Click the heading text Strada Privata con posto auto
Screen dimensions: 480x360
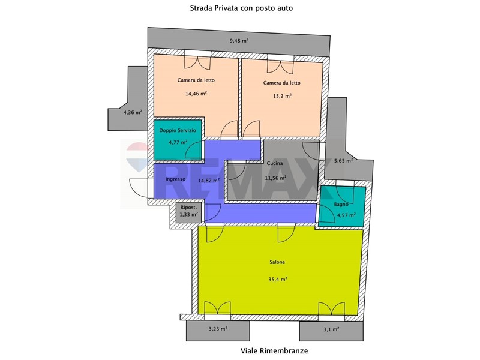(241, 8)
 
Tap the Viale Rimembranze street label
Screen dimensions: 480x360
(274, 350)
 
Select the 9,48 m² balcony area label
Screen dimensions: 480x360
(239, 40)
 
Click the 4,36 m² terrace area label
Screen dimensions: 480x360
(133, 112)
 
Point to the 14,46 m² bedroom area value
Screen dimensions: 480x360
(196, 94)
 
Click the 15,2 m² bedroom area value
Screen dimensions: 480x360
(282, 96)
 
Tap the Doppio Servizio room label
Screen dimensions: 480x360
(178, 130)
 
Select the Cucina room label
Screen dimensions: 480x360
(275, 163)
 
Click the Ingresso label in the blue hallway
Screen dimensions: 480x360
(175, 179)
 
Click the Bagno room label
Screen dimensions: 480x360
(341, 204)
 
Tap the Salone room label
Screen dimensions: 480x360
(277, 262)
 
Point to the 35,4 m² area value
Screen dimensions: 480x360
(278, 279)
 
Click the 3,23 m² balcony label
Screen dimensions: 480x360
(218, 329)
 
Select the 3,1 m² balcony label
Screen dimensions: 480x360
(331, 329)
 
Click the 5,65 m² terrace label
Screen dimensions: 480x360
(343, 160)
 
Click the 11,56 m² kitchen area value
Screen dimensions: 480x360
(275, 178)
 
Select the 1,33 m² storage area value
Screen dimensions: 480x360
(188, 215)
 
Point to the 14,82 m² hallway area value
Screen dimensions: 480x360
(208, 181)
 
